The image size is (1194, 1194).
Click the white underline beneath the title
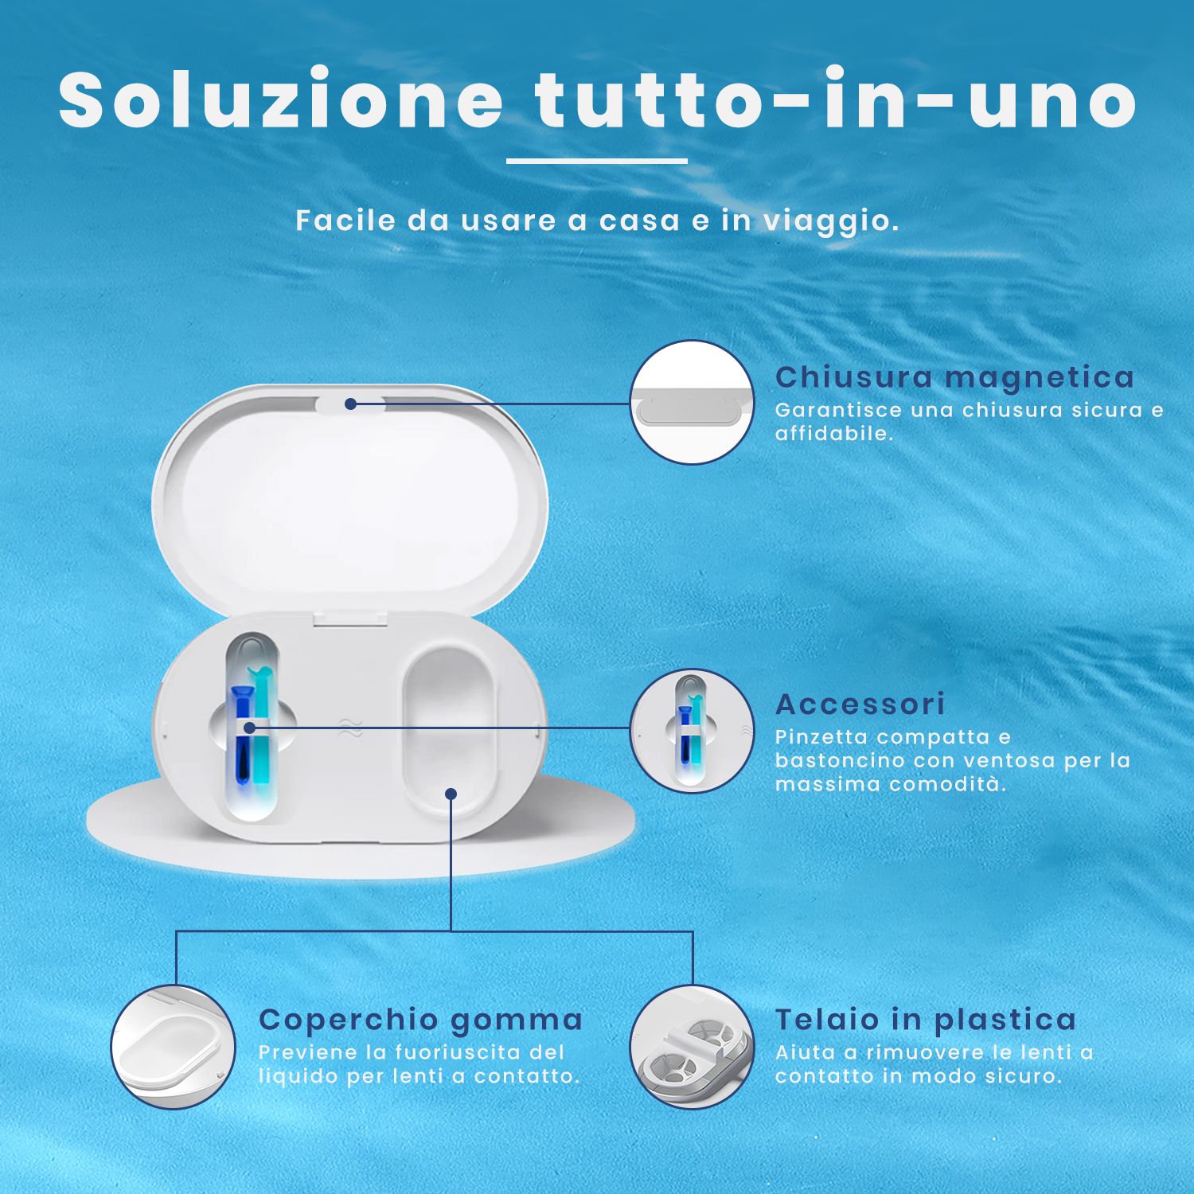[x=596, y=161]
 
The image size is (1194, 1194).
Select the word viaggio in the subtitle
[x=830, y=221]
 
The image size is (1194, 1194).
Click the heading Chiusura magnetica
[x=954, y=377]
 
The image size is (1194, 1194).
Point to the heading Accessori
[x=860, y=704]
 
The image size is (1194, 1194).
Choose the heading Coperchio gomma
[x=420, y=1020]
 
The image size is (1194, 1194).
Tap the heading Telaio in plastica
[x=925, y=1020]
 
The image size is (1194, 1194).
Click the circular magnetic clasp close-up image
[x=692, y=403]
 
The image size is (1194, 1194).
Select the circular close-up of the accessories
[x=692, y=731]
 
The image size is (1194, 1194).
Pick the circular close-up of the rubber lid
[x=174, y=1047]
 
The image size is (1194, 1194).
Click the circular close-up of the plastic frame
[x=692, y=1047]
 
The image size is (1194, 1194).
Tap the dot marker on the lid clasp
[x=350, y=404]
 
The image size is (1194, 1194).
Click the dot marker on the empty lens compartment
[x=451, y=794]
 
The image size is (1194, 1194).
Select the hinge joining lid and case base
[x=350, y=616]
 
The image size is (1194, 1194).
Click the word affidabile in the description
[x=833, y=434]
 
